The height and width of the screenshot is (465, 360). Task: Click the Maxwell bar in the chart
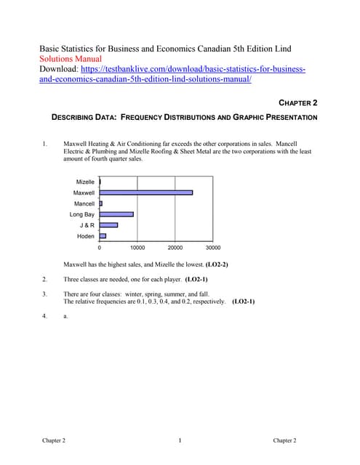tap(145, 193)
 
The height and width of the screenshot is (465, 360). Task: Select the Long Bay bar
tap(116, 214)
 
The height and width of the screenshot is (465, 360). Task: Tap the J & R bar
tap(108, 225)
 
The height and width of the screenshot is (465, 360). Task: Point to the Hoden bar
tap(103, 236)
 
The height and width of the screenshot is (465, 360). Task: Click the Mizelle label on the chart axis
tap(85, 182)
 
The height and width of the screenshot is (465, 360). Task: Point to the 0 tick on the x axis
tap(100, 248)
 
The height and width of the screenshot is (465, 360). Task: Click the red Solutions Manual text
tap(71, 59)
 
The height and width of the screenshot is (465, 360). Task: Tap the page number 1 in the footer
tap(179, 441)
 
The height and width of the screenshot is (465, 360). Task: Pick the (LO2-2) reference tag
tap(217, 264)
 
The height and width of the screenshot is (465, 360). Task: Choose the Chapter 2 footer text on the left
tap(54, 441)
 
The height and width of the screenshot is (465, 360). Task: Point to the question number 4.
tap(44, 316)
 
